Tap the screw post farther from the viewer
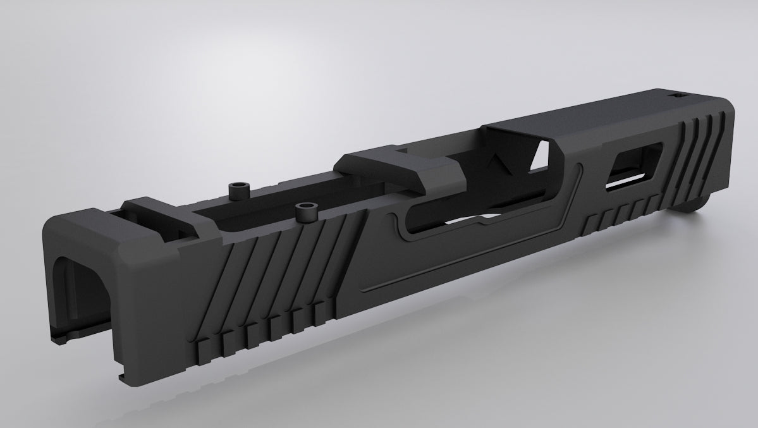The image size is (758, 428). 240,188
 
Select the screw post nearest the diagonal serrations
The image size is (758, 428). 308,211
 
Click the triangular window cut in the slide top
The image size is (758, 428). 541,155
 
